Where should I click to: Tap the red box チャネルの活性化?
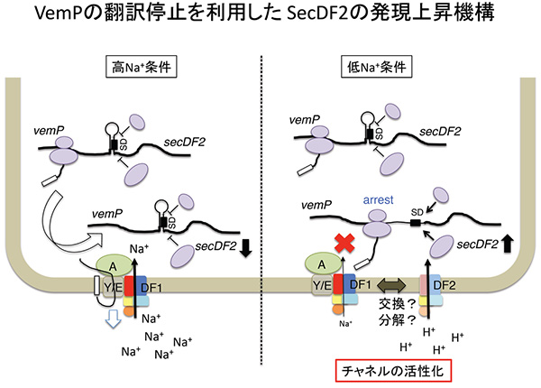tap(394, 369)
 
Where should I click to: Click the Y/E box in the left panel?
tap(112, 289)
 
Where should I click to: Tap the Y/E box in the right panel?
tap(320, 287)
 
